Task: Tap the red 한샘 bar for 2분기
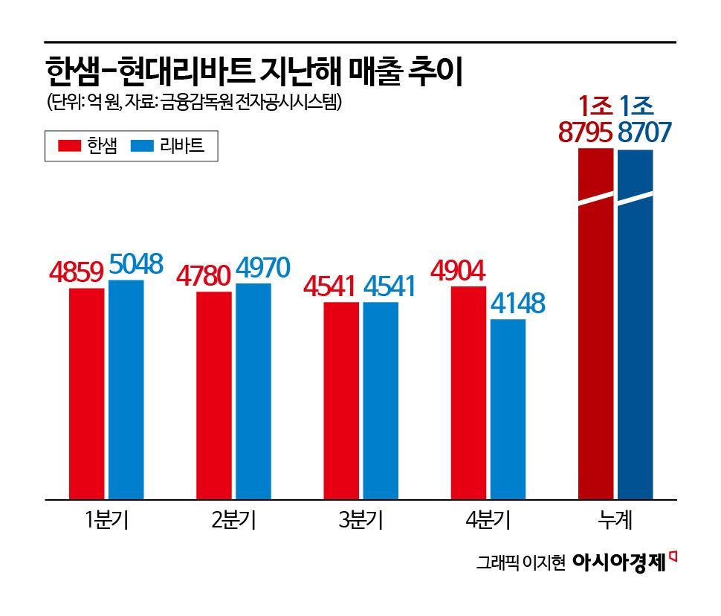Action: point(214,395)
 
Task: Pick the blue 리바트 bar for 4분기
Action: point(508,409)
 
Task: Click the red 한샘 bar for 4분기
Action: point(468,392)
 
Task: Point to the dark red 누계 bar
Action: point(595,324)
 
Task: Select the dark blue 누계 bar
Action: point(635,324)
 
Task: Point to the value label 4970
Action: point(262,269)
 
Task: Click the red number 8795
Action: point(586,132)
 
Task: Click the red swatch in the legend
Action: point(69,146)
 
